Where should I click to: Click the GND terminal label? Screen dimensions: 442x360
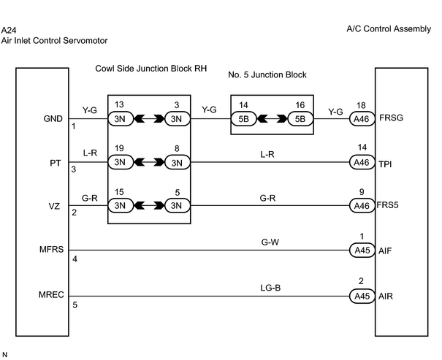(x=53, y=119)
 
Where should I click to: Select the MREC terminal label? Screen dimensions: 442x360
(x=51, y=295)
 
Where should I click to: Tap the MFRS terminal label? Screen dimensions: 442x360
(x=52, y=250)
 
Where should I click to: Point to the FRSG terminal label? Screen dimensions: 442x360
(x=392, y=118)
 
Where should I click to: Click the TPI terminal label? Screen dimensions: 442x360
(x=385, y=164)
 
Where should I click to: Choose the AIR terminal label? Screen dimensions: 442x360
(x=385, y=296)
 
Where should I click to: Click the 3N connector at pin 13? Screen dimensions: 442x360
(x=121, y=119)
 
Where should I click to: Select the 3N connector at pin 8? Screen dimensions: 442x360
(x=177, y=163)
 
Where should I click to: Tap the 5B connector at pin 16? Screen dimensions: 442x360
(x=300, y=119)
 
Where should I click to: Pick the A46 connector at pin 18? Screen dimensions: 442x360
(x=362, y=119)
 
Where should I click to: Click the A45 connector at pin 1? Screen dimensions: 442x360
(x=362, y=250)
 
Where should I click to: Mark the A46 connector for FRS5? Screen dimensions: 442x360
(x=362, y=206)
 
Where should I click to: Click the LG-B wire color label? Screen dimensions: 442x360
(x=270, y=288)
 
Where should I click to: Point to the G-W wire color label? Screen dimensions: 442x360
(x=270, y=242)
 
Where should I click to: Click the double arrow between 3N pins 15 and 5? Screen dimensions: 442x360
(x=149, y=206)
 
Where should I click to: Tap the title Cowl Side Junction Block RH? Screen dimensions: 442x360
(x=151, y=69)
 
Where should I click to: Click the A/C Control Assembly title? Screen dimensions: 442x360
(x=389, y=29)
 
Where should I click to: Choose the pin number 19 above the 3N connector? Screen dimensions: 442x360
(x=119, y=148)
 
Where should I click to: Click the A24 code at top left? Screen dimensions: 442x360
(x=9, y=30)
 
